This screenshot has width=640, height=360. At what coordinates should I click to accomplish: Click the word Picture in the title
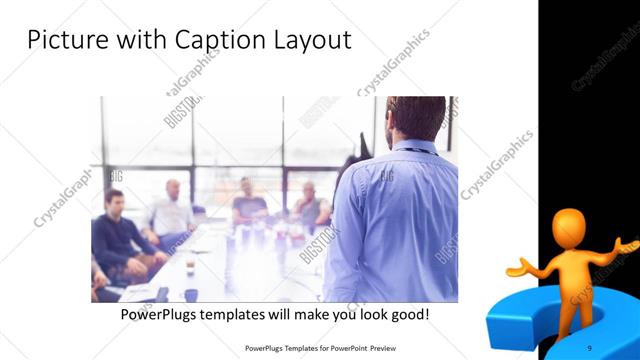pyautogui.click(x=66, y=41)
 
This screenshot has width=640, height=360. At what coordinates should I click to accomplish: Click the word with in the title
pyautogui.click(x=146, y=41)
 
